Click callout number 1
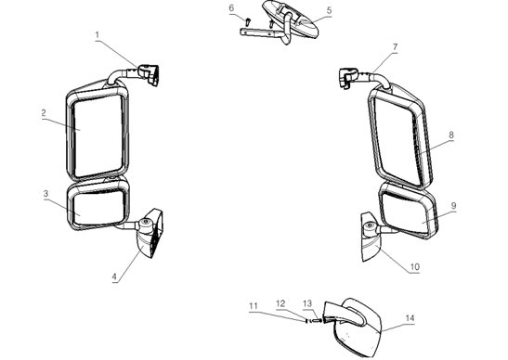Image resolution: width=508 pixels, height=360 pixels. [x=97, y=34]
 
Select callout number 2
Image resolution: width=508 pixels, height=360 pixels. [x=44, y=113]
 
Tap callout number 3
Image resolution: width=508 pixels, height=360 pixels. [x=46, y=193]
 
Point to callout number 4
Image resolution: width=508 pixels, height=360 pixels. [x=114, y=276]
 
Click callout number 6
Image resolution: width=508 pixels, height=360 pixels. [x=231, y=7]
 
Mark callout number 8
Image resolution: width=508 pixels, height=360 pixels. [x=450, y=135]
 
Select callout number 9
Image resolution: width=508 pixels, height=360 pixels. [x=453, y=205]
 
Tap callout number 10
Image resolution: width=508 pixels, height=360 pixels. [x=414, y=266]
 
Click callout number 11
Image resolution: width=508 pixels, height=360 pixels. [x=252, y=305]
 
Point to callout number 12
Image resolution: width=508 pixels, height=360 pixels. [x=280, y=302]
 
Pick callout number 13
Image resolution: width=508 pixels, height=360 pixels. [x=307, y=302]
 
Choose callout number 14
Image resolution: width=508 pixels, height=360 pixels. [x=409, y=316]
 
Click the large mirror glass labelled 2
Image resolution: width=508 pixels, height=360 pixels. [x=95, y=130]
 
